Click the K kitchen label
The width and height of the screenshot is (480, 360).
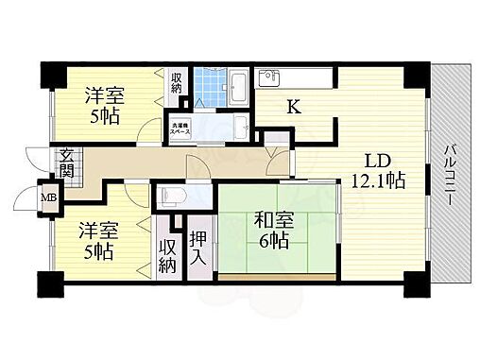pyautogui.click(x=294, y=108)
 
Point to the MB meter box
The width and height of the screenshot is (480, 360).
pyautogui.click(x=47, y=199)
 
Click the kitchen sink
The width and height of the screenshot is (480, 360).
pyautogui.click(x=267, y=78)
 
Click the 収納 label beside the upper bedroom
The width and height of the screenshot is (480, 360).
pyautogui.click(x=177, y=83)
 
